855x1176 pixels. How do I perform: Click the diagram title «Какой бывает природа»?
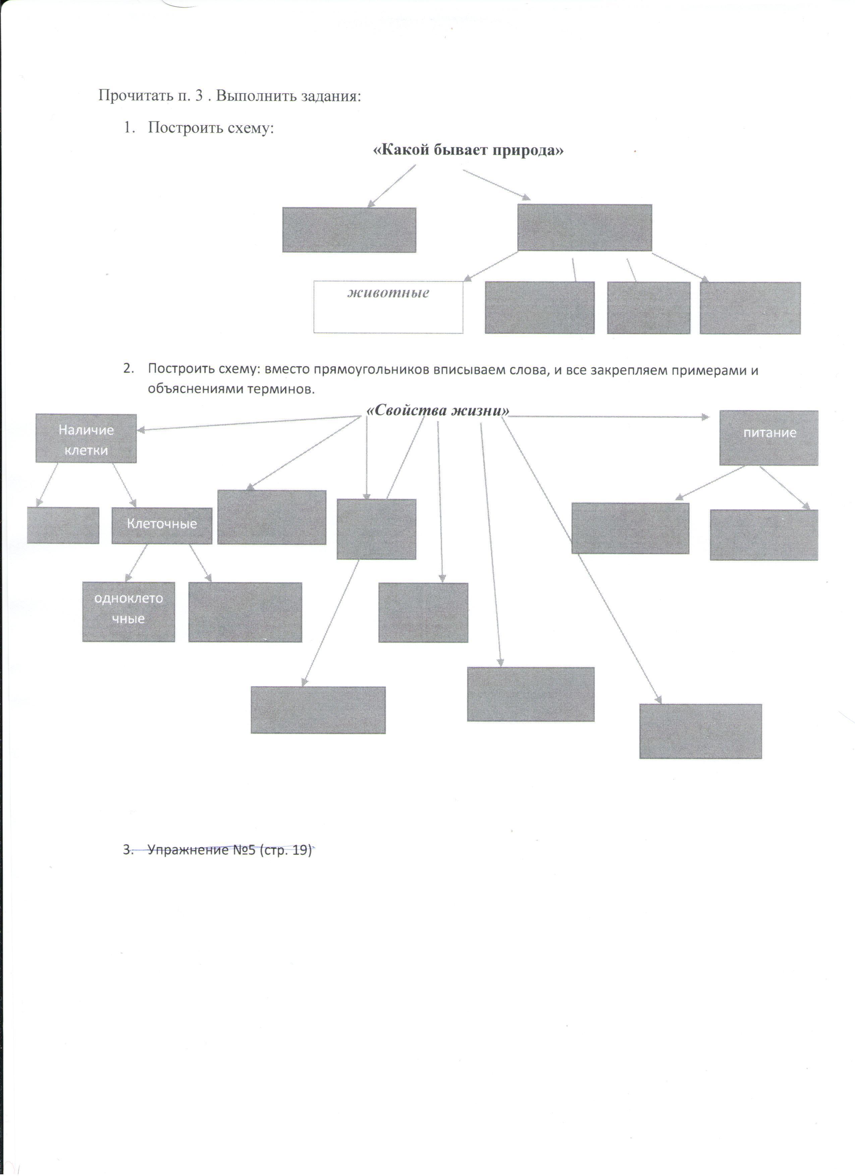(468, 150)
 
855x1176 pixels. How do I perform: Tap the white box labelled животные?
(388, 307)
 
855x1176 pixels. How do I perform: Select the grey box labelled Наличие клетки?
(86, 439)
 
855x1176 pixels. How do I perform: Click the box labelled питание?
(768, 438)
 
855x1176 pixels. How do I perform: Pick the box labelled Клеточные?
(162, 525)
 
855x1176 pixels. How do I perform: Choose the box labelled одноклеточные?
(129, 611)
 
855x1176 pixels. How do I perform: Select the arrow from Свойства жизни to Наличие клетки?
(249, 423)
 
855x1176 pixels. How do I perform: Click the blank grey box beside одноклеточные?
(245, 612)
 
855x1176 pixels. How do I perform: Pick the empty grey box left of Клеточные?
(63, 525)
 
